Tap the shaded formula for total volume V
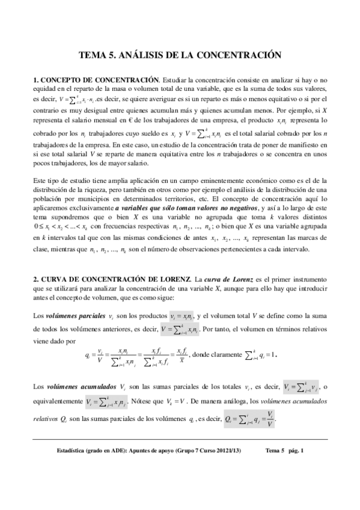180,330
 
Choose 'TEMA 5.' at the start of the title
97,55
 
